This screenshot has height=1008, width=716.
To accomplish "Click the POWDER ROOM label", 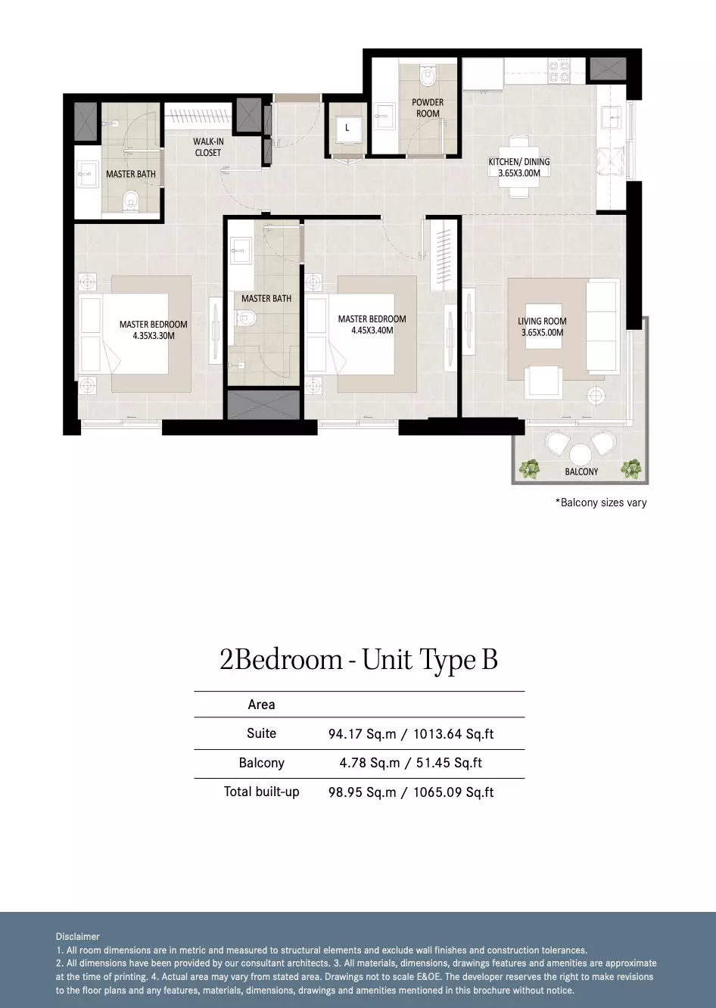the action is pos(428,108).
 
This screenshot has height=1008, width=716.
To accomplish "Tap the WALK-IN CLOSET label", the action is pos(208,147).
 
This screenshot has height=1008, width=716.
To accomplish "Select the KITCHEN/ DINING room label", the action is pos(519,167).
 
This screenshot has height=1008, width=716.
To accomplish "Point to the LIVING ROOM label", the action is pos(542,327).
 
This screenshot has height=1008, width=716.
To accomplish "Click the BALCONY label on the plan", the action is pos(581,471).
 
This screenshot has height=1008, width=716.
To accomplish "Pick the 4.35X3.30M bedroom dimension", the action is pos(154,336).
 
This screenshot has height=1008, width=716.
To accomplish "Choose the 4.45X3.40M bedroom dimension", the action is pos(372,330).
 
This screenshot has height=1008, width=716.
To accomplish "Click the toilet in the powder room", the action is pos(428,76).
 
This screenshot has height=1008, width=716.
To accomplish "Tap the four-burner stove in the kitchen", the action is pos(559,72).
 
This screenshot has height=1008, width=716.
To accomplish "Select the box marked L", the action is pos(347,128).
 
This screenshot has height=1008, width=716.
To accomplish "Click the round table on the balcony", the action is pos(580,455).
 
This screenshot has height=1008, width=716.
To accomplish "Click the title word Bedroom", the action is pos(288,661).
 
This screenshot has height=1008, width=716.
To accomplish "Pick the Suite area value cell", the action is pos(411,734).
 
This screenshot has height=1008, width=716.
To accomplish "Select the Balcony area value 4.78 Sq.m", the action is pos(369,763).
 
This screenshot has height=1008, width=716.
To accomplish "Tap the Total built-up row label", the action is pos(261,792).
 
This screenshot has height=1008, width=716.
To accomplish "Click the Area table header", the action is pos(261,705).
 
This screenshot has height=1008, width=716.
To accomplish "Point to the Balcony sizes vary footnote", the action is pos(601,502).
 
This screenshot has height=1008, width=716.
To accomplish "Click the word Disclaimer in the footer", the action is pos(78,936).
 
